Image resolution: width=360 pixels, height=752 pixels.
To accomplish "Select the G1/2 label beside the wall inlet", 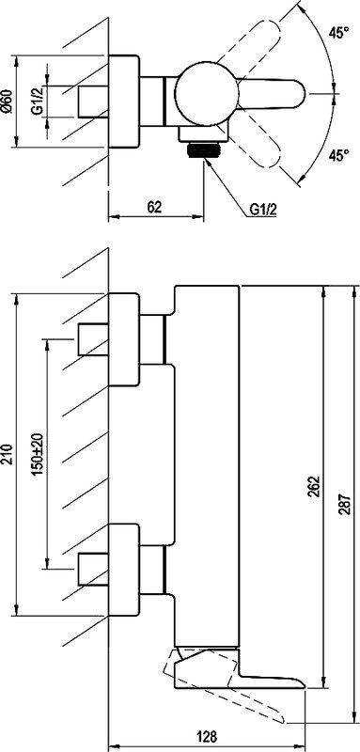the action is (x=38, y=102).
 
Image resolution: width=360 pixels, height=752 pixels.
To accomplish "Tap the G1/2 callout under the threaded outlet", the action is (x=263, y=210).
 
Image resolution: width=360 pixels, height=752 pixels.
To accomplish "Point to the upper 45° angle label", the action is (x=338, y=33).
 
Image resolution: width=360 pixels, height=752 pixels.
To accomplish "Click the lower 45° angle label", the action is (x=338, y=155).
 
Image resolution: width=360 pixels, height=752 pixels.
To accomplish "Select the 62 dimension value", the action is (x=154, y=207).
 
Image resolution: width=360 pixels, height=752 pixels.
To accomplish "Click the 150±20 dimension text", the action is (x=39, y=454).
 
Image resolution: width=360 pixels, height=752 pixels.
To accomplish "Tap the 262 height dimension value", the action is (x=315, y=486).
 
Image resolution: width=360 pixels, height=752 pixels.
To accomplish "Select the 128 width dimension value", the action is (x=207, y=736).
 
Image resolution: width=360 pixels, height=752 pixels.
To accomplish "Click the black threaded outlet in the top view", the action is (x=205, y=151).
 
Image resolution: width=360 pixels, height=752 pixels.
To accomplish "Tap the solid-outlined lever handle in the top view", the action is (x=272, y=93).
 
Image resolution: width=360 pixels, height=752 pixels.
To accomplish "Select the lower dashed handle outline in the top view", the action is (x=257, y=143).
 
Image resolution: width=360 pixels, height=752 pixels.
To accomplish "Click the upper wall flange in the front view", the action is (x=125, y=339).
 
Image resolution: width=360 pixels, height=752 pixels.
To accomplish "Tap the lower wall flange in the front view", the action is (x=125, y=570).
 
